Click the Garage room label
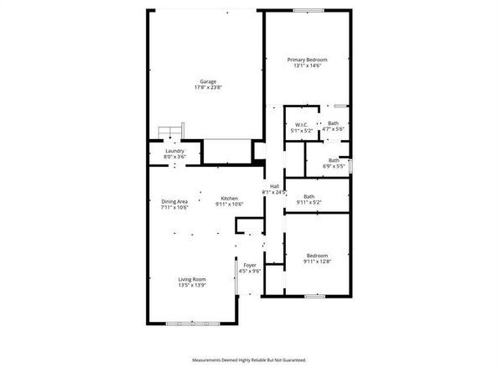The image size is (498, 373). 208,81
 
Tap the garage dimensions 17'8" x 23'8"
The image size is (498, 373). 208,87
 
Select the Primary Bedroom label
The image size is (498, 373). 307,60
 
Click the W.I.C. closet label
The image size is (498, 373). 301,124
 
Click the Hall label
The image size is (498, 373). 274,186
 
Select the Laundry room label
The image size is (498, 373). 174,151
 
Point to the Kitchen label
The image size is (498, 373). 230,199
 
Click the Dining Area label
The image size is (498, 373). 174,201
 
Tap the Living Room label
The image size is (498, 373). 192,279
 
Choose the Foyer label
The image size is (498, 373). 251,266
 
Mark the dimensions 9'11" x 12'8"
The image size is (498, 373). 317,262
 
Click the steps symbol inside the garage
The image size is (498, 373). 170,132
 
